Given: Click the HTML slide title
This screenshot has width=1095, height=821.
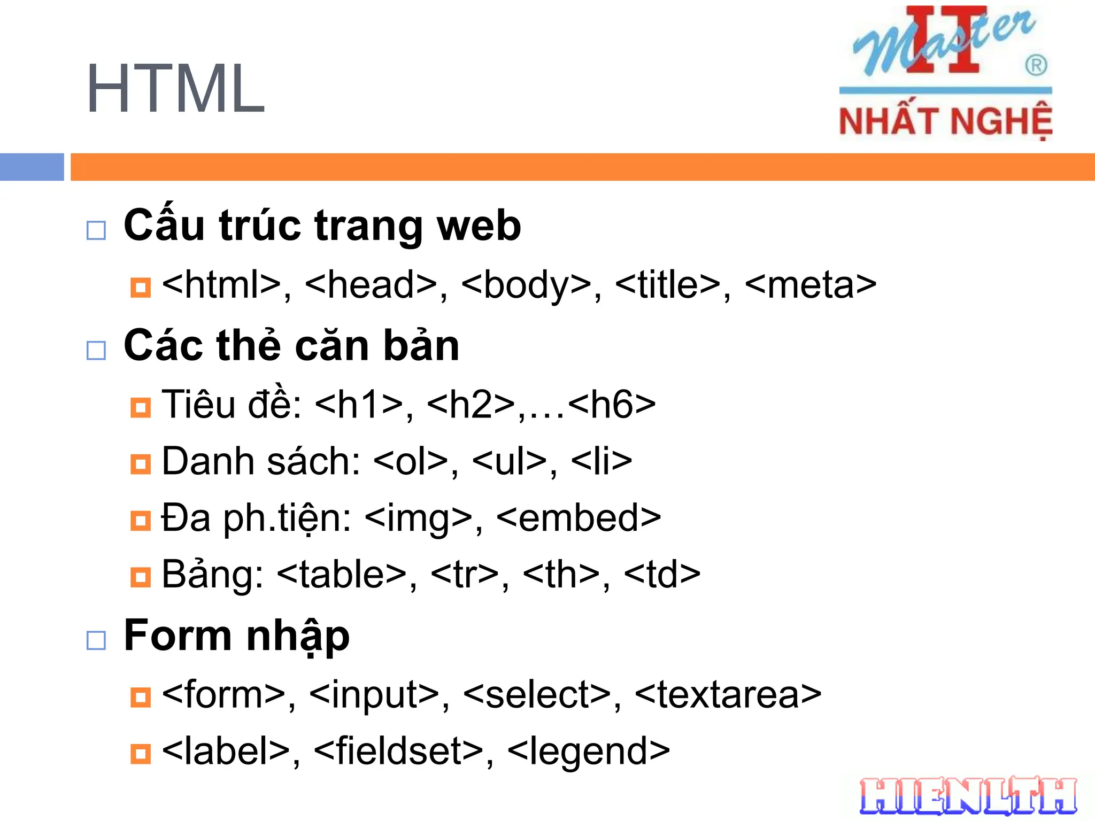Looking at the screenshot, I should (x=175, y=89).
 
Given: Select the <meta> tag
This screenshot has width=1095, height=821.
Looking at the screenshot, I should (x=810, y=284).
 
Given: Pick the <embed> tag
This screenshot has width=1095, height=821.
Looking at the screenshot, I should (x=579, y=518).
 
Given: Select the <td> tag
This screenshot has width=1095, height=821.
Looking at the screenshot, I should (x=662, y=575).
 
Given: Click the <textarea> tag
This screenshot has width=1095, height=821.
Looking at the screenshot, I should (x=728, y=695).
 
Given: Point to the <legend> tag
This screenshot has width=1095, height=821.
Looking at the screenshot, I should (x=588, y=751).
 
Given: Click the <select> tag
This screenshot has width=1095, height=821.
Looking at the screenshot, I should (x=537, y=695).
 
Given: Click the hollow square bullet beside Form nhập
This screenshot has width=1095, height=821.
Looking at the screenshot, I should (x=96, y=640).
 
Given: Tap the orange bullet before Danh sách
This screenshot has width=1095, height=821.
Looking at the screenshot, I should (x=141, y=464).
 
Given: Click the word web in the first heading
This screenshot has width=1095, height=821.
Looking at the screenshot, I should (x=479, y=226).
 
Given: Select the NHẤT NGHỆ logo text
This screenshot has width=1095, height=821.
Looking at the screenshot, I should (x=945, y=121).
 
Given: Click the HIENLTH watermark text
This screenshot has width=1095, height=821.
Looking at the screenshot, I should (x=968, y=796).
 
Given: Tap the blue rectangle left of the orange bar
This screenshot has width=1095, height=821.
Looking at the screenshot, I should (x=32, y=167).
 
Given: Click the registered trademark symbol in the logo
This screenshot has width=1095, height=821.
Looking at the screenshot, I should (x=1036, y=66).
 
